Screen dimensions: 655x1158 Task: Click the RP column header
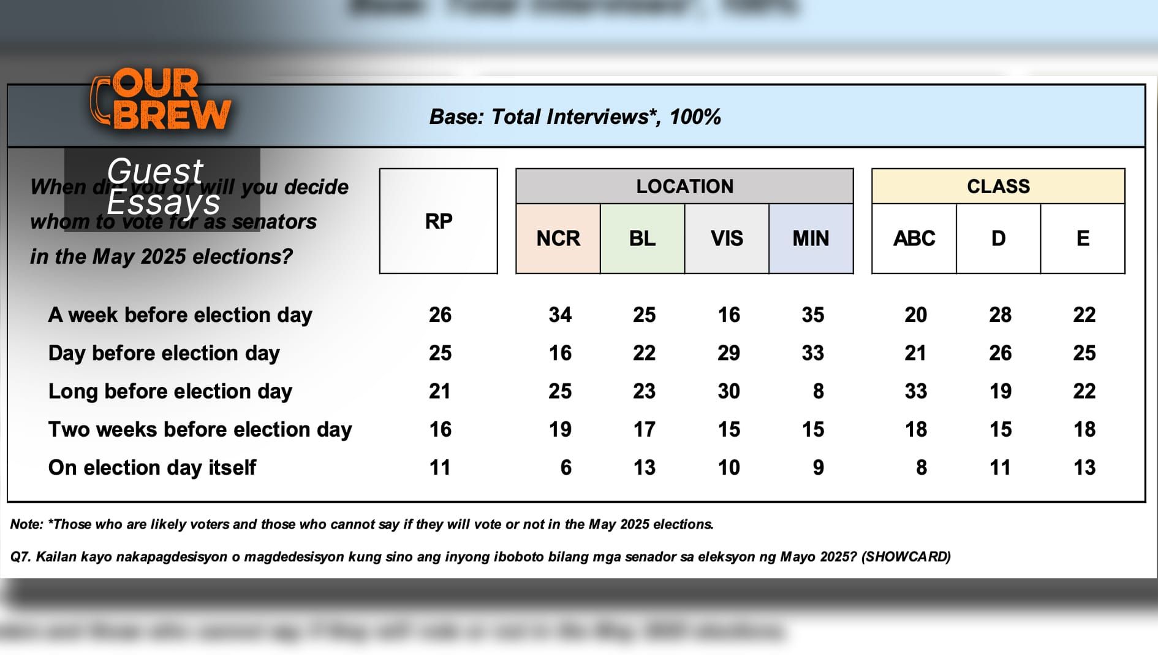(439, 221)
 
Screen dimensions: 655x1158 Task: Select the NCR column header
(558, 239)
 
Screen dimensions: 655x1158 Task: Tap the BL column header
(642, 239)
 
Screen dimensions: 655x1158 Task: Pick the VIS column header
(727, 239)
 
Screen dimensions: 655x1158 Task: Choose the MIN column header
(811, 239)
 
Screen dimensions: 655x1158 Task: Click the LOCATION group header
(684, 186)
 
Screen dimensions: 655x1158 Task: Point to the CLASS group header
(998, 186)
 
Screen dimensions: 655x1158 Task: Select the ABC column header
(914, 239)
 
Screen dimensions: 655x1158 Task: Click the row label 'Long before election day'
(170, 391)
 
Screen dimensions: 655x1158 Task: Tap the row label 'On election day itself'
(152, 468)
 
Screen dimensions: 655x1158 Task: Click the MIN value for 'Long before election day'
(818, 391)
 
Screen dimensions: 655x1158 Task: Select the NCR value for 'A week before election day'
(560, 315)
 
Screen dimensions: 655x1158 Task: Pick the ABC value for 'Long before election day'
(915, 391)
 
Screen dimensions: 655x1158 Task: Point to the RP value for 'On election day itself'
(440, 468)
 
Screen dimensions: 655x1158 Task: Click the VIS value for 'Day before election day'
(728, 353)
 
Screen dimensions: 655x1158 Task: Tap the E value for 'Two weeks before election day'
(1084, 429)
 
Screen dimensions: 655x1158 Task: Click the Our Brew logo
(161, 99)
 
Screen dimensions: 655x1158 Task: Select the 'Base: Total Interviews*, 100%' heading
(575, 117)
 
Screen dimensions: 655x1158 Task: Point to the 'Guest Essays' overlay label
(162, 186)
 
